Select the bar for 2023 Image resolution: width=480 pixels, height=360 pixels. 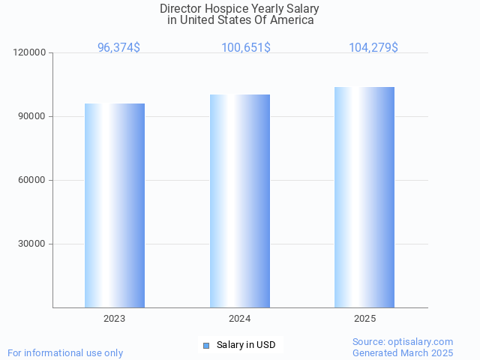point(115,205)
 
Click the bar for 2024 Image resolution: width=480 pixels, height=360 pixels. point(240,201)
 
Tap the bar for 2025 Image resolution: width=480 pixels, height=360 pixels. point(364,197)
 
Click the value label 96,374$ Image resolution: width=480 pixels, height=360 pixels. point(118,47)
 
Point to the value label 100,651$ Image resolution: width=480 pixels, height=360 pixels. point(246,47)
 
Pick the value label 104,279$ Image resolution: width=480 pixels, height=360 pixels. point(373,47)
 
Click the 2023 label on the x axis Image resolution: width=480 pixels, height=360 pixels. point(115,319)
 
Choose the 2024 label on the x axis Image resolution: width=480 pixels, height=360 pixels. point(240,319)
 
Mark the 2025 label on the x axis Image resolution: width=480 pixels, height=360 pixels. point(364,319)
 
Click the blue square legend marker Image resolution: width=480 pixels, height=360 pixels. point(206,345)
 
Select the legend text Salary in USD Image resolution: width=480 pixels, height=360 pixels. point(246,345)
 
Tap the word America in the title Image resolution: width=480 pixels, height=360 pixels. point(293,20)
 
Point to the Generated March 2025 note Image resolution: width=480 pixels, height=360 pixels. point(403,352)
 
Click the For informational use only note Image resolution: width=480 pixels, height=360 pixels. point(65,352)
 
